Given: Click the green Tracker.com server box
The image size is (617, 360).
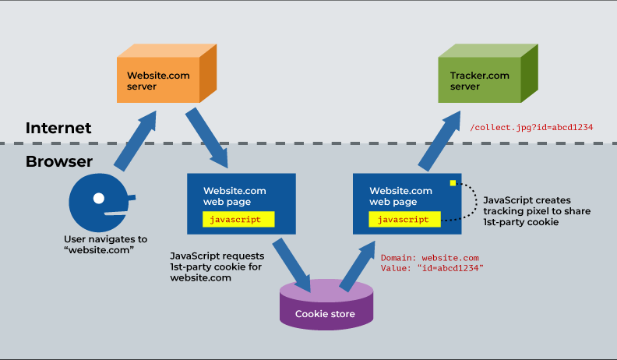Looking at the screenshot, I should click(479, 80).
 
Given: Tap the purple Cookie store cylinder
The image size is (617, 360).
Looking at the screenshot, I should click(325, 307).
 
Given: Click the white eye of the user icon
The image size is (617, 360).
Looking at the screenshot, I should click(99, 198).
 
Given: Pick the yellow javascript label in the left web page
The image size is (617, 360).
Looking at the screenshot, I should click(238, 219).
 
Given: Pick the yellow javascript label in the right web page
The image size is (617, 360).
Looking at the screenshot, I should click(404, 219).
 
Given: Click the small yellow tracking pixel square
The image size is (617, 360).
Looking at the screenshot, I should click(452, 183).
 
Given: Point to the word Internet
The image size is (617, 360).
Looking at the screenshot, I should click(58, 128).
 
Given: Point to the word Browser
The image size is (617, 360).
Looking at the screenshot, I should click(59, 162).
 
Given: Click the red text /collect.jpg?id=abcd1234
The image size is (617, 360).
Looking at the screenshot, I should click(532, 128).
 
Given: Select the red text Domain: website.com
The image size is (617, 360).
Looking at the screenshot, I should click(429, 257).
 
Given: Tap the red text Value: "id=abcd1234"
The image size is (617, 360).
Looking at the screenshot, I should click(432, 268).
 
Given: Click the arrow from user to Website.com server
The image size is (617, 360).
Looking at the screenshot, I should click(138, 141).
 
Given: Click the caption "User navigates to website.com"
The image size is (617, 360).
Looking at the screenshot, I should click(104, 244).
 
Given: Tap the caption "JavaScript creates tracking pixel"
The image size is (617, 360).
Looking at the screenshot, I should click(537, 211).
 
